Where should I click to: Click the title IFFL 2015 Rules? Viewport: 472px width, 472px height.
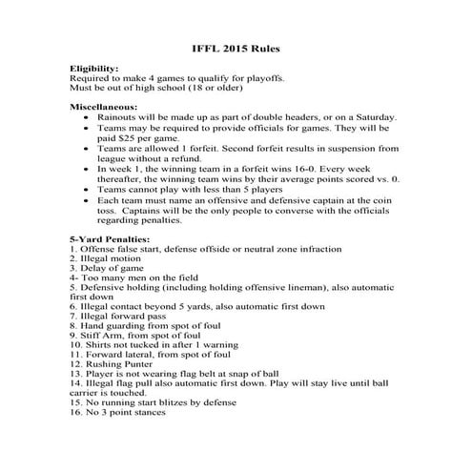(236, 47)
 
